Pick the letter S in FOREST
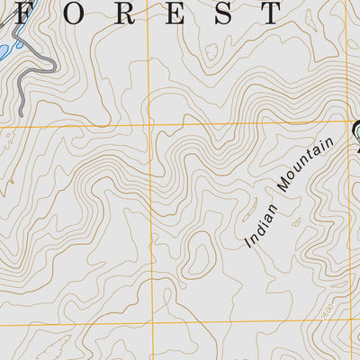(x=220, y=12)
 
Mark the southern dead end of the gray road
(x=20, y=113)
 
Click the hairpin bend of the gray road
(x=52, y=65)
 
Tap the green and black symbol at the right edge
(x=356, y=130)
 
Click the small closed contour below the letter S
(x=213, y=52)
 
